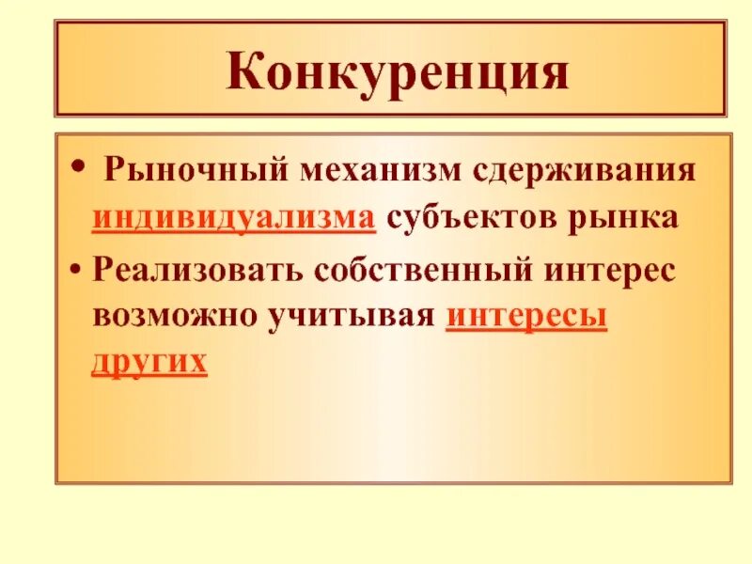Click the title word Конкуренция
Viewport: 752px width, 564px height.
click(397, 72)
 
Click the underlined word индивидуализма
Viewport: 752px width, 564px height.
click(234, 219)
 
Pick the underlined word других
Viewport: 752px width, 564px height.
click(149, 362)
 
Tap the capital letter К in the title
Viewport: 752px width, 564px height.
click(246, 72)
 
